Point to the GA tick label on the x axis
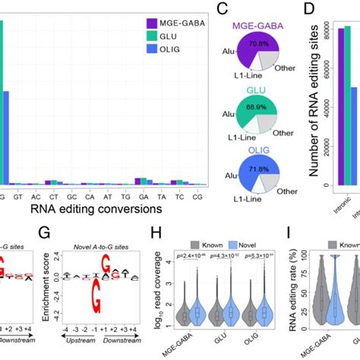pyautogui.click(x=137, y=194)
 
